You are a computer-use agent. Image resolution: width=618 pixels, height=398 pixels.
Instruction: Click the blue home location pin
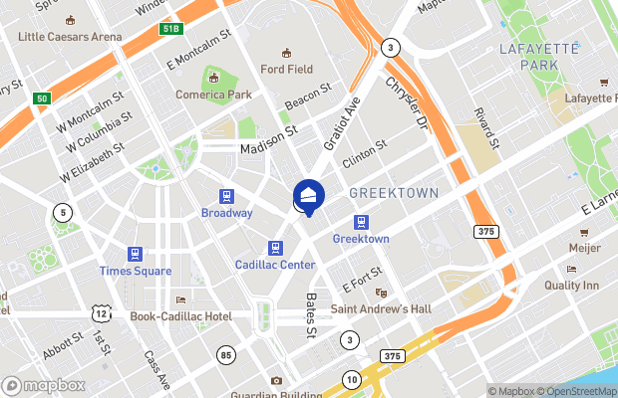tap(308, 195)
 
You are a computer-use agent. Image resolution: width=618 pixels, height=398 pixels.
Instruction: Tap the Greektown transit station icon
tap(360, 222)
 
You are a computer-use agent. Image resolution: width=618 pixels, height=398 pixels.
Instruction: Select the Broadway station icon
tap(227, 196)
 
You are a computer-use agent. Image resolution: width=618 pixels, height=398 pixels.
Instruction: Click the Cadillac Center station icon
tap(275, 247)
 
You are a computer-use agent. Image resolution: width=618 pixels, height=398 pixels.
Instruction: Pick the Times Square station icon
tap(135, 254)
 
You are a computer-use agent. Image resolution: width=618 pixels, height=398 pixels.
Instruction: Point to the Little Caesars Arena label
tap(70, 37)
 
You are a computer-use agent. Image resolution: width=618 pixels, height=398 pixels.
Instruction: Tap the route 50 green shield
tap(42, 98)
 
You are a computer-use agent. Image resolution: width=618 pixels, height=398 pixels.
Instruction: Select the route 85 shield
tap(226, 354)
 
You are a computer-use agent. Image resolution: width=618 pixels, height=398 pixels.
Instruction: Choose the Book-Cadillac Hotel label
tap(180, 316)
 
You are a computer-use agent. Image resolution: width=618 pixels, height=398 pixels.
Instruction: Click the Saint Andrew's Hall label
tap(382, 309)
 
